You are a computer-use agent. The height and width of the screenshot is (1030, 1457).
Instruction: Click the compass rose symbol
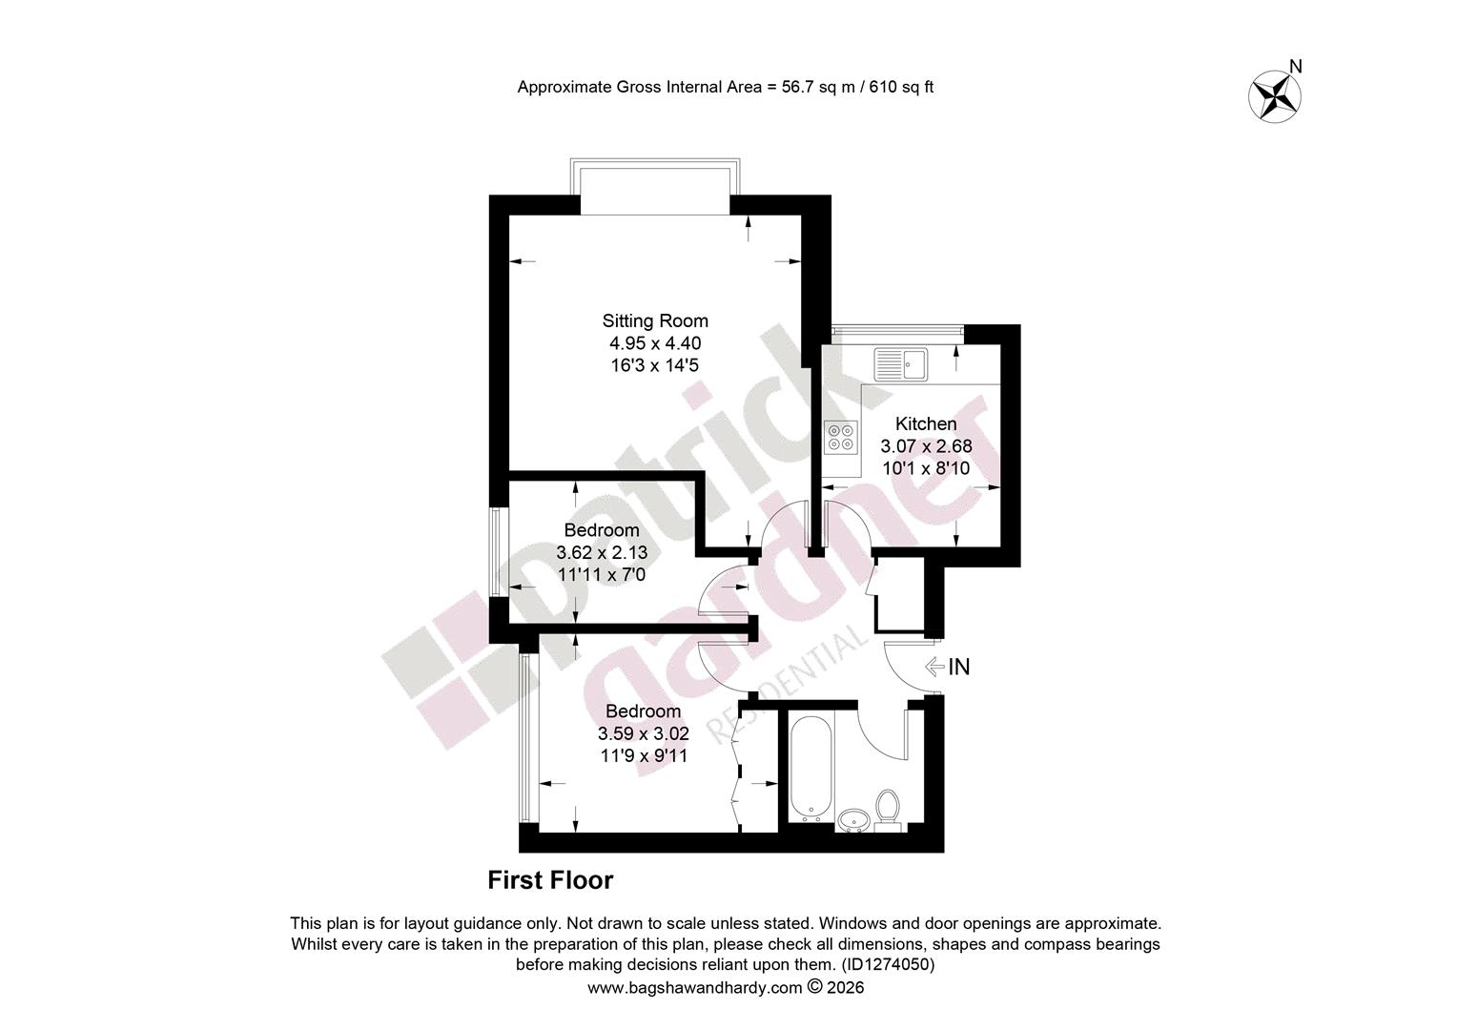1274,97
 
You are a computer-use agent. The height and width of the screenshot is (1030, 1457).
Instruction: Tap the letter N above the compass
1296,67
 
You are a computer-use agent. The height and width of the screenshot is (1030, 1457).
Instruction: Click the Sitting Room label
655,320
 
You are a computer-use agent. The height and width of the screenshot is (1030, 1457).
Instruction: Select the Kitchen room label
926,423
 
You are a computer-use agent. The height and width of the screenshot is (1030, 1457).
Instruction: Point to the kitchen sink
901,363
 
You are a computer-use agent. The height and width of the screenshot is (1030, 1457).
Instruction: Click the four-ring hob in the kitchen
840,437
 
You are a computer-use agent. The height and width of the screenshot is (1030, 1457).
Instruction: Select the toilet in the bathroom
887,810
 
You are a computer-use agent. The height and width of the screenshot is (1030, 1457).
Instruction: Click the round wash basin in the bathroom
854,820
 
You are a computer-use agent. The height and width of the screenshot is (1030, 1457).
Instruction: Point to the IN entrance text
958,667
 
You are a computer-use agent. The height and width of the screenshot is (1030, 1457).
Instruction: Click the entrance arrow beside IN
934,667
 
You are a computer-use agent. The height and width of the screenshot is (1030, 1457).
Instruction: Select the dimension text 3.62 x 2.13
602,552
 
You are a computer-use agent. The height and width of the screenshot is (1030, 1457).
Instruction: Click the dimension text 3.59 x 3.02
644,734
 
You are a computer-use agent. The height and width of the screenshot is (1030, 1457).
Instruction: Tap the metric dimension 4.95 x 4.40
655,343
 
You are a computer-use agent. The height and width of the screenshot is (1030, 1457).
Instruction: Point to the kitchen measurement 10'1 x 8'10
926,468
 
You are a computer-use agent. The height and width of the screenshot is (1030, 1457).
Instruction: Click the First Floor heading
550,880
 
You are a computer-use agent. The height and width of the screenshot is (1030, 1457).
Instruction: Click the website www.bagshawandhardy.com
695,988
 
